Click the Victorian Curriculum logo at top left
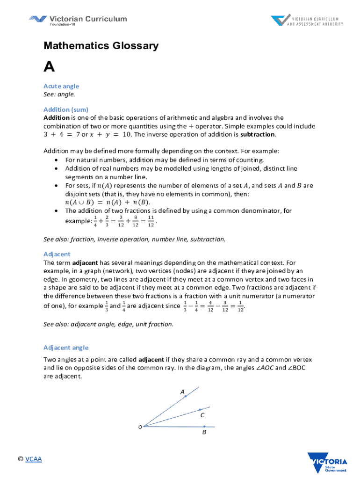pyautogui.click(x=78, y=21)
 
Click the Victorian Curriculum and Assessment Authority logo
pyautogui.click(x=307, y=21)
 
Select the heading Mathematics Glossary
pyautogui.click(x=101, y=46)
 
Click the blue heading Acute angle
pyautogui.click(x=61, y=86)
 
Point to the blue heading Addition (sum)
pyautogui.click(x=66, y=109)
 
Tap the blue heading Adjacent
pyautogui.click(x=57, y=254)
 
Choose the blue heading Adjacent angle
pyautogui.click(x=66, y=348)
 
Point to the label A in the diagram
pyautogui.click(x=182, y=391)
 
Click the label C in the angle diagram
pyautogui.click(x=202, y=415)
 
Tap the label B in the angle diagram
pyautogui.click(x=204, y=433)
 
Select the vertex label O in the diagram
pyautogui.click(x=139, y=427)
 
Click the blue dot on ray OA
pyautogui.click(x=185, y=396)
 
